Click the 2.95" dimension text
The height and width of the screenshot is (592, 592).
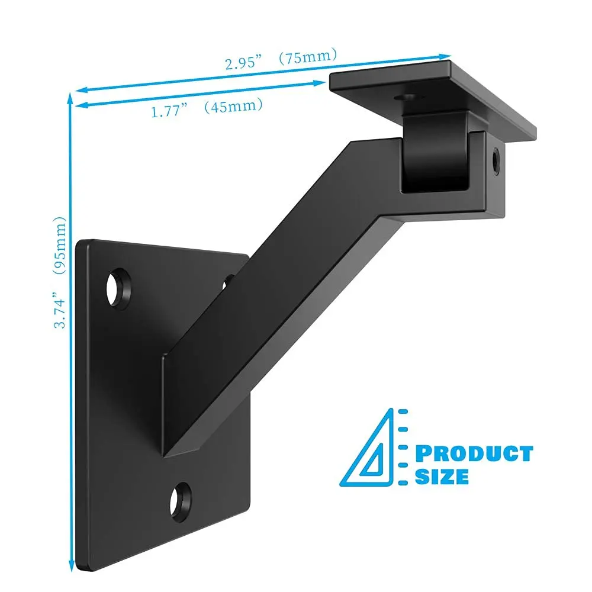click(x=242, y=64)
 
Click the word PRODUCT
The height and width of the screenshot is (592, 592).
click(x=473, y=454)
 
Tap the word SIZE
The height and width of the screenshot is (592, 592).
click(x=442, y=476)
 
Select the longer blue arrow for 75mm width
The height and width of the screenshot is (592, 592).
click(x=260, y=73)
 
